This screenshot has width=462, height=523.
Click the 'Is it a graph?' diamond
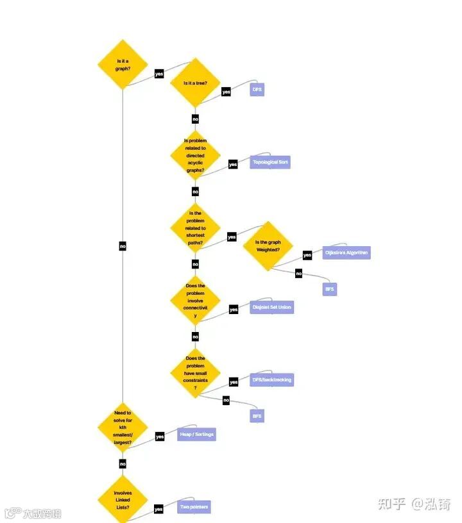point(123,64)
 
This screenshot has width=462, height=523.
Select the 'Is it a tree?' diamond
point(195,83)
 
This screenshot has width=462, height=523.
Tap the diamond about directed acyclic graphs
point(195,156)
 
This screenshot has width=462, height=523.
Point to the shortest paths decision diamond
point(195,228)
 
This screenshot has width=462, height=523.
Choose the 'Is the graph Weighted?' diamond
point(268,246)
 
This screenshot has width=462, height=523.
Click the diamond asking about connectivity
point(195,301)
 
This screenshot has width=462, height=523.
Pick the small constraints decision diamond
point(195,373)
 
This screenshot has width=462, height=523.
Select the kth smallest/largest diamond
point(123,428)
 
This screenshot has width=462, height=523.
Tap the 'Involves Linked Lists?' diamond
point(123,501)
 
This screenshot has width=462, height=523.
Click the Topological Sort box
point(270,162)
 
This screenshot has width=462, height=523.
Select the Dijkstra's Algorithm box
point(346,253)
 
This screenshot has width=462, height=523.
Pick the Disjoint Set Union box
point(271,308)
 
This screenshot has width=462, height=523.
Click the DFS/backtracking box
point(271,380)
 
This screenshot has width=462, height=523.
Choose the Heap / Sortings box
point(196,435)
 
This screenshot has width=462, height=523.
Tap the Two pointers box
point(194,507)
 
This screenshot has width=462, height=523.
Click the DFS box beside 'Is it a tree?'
point(257,90)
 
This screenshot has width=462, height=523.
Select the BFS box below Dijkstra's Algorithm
point(329,289)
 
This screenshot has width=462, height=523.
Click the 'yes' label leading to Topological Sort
point(233,165)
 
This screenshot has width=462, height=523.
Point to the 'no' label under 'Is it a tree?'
point(195,119)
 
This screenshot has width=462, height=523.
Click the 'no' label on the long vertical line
point(123,246)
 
